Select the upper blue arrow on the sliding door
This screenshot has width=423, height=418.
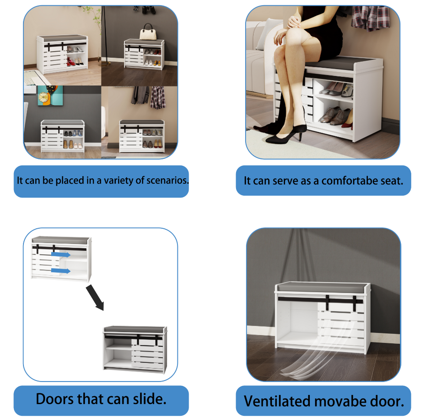pos(61,254)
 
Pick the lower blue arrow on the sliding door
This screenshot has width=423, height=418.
pos(61,271)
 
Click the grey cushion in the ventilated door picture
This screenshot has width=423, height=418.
pos(323,286)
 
